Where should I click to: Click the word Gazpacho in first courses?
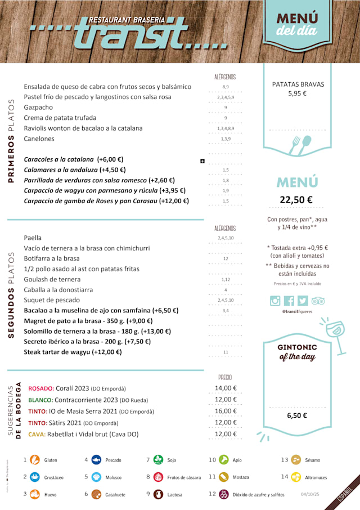[38, 108]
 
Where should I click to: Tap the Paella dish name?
[33, 238]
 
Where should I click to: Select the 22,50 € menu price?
[296, 200]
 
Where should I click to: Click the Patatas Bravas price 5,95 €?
[297, 94]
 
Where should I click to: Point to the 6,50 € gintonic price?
[297, 416]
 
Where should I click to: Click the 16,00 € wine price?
[226, 411]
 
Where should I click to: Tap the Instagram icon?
[275, 301]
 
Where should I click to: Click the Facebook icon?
[289, 301]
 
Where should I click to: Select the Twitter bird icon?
[303, 301]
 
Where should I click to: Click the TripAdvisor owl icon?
[318, 301]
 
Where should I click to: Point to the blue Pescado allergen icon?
[96, 460]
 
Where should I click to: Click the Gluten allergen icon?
[35, 460]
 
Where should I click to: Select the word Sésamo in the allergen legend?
[312, 460]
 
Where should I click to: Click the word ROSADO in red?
[40, 389]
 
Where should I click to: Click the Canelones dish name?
[39, 139]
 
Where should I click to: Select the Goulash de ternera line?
[52, 280]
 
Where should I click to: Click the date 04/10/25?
[310, 495]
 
